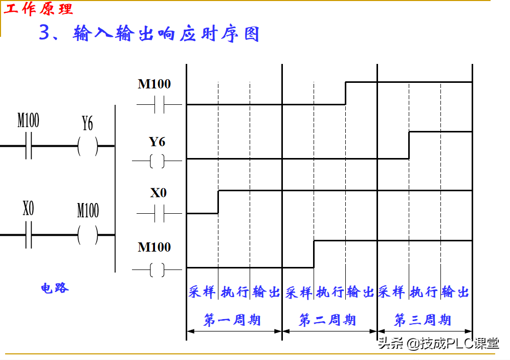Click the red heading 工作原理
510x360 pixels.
[x=39, y=9]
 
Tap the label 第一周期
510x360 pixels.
[x=232, y=321]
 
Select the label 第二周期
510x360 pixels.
[x=327, y=321]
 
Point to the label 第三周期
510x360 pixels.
[x=423, y=321]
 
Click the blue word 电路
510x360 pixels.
[x=55, y=288]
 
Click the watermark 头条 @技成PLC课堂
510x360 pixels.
[x=438, y=343]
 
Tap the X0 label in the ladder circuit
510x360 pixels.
[x=29, y=209]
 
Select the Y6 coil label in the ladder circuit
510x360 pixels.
[x=87, y=123]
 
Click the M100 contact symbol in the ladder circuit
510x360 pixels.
[x=29, y=146]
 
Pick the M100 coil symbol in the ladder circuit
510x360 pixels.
[x=87, y=235]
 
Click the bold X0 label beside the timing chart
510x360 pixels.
[x=158, y=193]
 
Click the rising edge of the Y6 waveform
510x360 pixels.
[x=409, y=145]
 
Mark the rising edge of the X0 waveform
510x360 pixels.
[x=218, y=201]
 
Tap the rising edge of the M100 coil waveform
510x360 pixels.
[x=314, y=254]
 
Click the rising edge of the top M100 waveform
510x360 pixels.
[x=345, y=93]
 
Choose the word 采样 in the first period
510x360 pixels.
[x=202, y=292]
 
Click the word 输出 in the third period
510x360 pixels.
[x=455, y=292]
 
